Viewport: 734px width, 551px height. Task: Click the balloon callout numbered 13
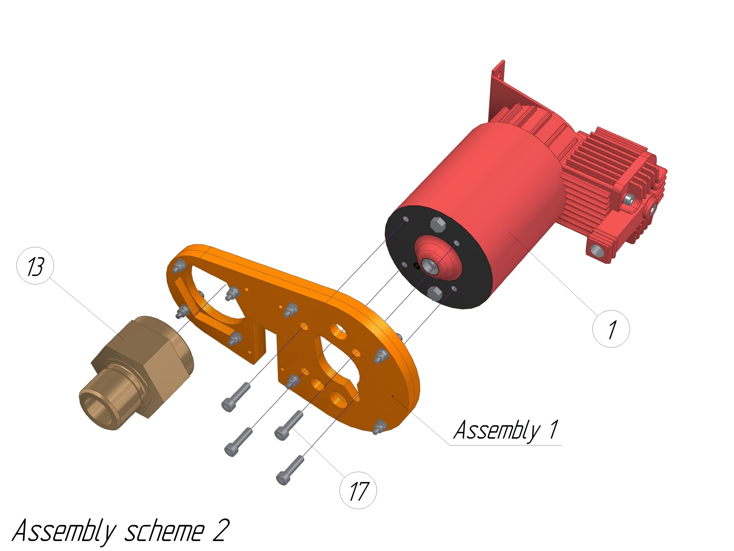(x=35, y=266)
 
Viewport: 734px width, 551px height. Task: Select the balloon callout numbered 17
(x=358, y=491)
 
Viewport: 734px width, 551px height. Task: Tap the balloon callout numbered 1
(x=611, y=329)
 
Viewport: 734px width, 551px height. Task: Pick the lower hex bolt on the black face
(x=434, y=293)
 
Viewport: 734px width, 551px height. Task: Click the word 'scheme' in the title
(x=164, y=531)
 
